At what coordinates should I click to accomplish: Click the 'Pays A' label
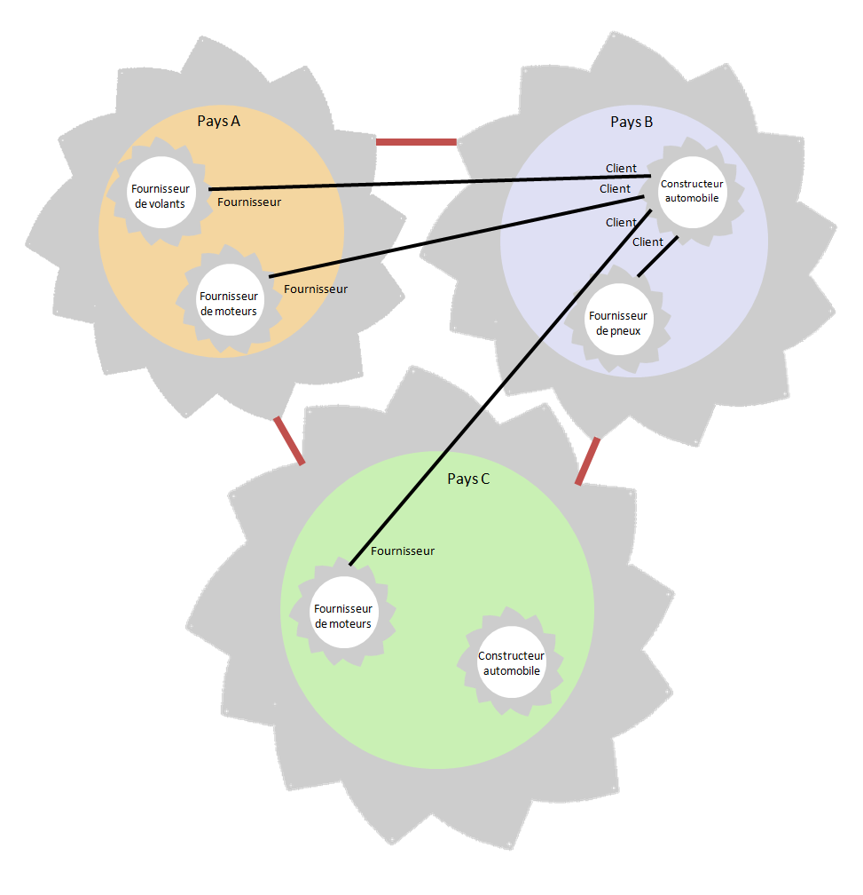coord(218,122)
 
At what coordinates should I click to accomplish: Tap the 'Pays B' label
coord(632,122)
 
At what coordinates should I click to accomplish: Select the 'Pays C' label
coord(468,479)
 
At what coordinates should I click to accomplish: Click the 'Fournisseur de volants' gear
coord(161,195)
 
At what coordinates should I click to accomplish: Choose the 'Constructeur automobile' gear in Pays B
coord(692,191)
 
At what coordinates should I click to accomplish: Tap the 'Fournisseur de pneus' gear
coord(618,323)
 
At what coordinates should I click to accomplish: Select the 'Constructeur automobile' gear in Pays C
coord(509,663)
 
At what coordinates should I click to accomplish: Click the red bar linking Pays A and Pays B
coord(416,141)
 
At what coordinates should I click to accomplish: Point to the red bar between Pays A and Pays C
coord(289,440)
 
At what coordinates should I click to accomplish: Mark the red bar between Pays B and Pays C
coord(587,462)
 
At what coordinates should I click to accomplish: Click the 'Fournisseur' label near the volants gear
coord(249,202)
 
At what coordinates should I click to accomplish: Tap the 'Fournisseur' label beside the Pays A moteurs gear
coord(316,289)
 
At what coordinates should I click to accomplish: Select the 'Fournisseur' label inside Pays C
coord(403,550)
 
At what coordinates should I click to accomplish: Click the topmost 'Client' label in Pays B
coord(621,169)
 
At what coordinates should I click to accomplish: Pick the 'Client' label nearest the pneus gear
coord(647,242)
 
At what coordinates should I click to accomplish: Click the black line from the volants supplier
coord(426,183)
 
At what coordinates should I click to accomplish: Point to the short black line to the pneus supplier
coord(658,256)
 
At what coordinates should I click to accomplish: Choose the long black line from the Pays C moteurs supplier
coord(497,386)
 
